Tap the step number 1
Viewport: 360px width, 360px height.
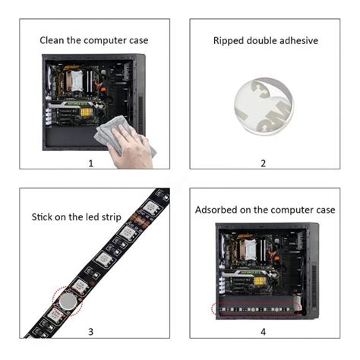tap(90, 162)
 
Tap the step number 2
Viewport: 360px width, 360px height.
tap(264, 162)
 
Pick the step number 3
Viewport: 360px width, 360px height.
tap(90, 332)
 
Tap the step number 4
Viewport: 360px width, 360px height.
tap(264, 332)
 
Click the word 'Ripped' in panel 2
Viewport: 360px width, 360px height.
tap(229, 41)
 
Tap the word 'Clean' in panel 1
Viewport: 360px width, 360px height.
tap(55, 40)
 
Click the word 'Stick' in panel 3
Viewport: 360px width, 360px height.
tap(43, 218)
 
